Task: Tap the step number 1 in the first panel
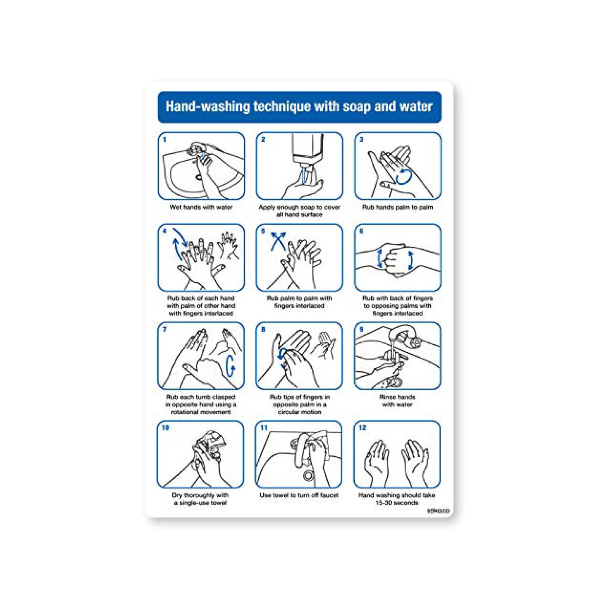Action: pyautogui.click(x=164, y=139)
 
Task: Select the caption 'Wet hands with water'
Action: pyautogui.click(x=201, y=207)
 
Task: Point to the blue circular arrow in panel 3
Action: pyautogui.click(x=404, y=176)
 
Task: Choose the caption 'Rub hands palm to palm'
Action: pyautogui.click(x=398, y=207)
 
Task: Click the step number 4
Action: pyautogui.click(x=164, y=231)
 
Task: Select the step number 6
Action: pyautogui.click(x=361, y=231)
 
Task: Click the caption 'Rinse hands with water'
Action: pyautogui.click(x=397, y=401)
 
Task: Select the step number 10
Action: pyautogui.click(x=166, y=428)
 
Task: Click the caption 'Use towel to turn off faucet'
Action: pyautogui.click(x=299, y=495)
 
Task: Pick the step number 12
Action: pyautogui.click(x=363, y=428)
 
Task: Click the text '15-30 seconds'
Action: pyautogui.click(x=397, y=503)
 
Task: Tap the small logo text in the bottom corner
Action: pyautogui.click(x=438, y=511)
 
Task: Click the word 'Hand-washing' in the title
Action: pyautogui.click(x=208, y=107)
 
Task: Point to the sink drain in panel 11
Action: pyautogui.click(x=308, y=475)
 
